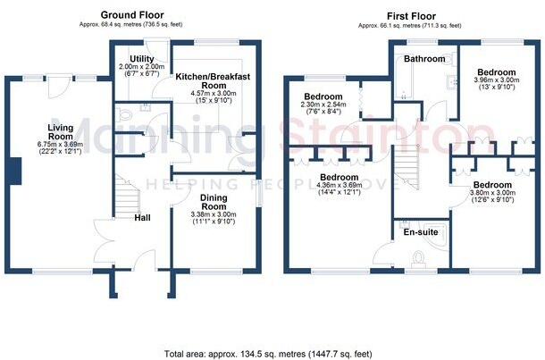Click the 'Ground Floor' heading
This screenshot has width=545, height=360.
tap(132, 15)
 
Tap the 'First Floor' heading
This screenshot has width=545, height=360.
tap(410, 15)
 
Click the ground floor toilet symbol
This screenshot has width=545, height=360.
tap(125, 114)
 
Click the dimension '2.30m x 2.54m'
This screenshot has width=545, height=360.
tap(323, 105)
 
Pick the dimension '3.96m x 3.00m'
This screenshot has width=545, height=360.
tap(496, 80)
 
